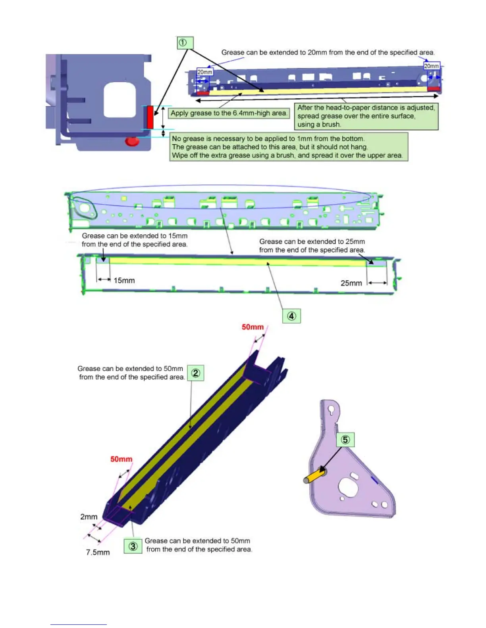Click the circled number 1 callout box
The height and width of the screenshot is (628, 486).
[x=185, y=43]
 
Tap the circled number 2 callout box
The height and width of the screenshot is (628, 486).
[x=195, y=373]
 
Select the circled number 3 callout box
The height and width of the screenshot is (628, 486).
[x=133, y=546]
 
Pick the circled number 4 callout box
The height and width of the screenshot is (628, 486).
[x=291, y=316]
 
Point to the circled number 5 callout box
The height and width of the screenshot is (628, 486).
[x=345, y=440]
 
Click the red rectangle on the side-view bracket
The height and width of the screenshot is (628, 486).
[x=150, y=117]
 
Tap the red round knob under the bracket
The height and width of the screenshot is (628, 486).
[x=132, y=141]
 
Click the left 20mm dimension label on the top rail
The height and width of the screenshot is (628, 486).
[x=205, y=72]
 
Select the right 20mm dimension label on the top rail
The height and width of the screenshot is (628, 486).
[x=432, y=66]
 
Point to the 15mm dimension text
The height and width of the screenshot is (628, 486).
[x=124, y=281]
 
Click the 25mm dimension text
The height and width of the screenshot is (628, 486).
[x=351, y=283]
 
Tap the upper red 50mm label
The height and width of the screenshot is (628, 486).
[x=253, y=327]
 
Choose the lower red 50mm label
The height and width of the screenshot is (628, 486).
[x=121, y=459]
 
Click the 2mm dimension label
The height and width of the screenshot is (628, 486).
[x=89, y=517]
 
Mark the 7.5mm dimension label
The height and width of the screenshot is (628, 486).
[x=98, y=552]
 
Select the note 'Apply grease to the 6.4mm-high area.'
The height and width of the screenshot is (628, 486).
[x=229, y=113]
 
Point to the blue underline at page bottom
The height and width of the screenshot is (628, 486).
[x=78, y=624]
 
